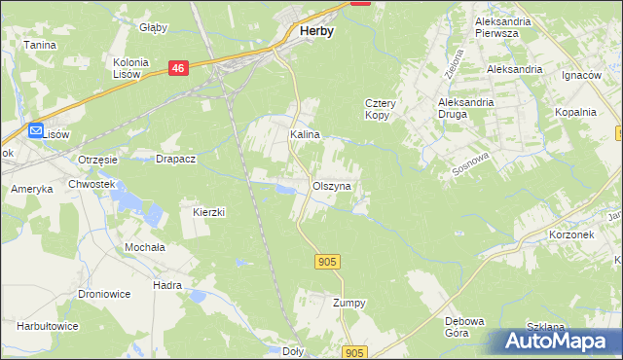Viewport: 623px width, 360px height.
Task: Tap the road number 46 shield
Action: pos(177,68)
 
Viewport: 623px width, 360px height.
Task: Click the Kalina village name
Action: pos(305,135)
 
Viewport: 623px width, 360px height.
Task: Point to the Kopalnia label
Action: pos(575,112)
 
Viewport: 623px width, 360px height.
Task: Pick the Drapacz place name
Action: pos(177,159)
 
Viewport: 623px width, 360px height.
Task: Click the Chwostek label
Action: pos(92,184)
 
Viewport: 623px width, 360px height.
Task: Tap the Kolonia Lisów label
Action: pos(130,68)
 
